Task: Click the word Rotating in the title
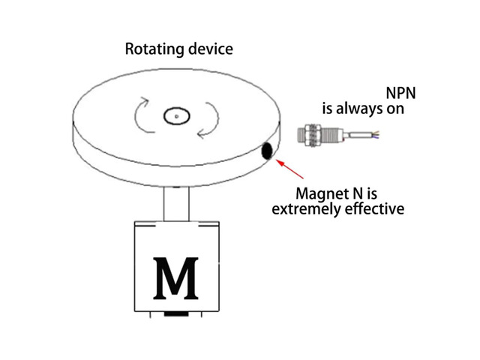tap(154, 49)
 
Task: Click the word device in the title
tap(211, 49)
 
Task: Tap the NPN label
tap(400, 93)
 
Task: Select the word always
tap(359, 109)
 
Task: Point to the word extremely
tap(307, 209)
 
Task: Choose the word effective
tap(375, 208)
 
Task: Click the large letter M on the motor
tap(175, 278)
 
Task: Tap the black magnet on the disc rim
tap(267, 151)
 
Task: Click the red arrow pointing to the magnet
tap(290, 169)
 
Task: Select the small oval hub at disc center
tap(177, 116)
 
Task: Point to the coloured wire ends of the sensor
tap(375, 135)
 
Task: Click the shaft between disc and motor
tap(176, 203)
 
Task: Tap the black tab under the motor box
tap(176, 313)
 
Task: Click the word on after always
tap(395, 109)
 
